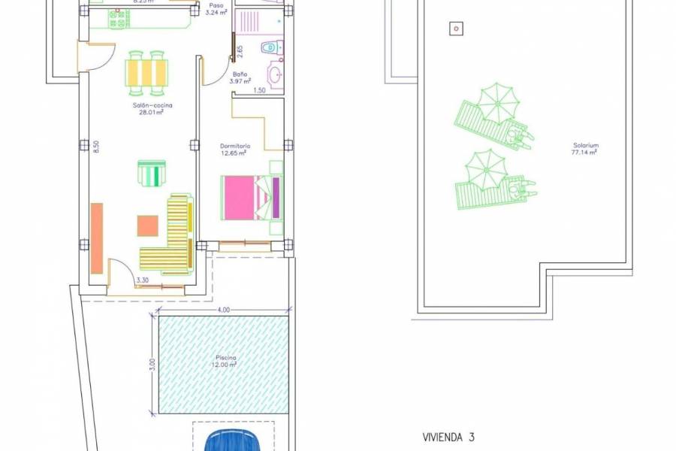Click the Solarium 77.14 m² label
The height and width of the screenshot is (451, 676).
click(584, 149)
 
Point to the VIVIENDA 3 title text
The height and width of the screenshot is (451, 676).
click(448, 436)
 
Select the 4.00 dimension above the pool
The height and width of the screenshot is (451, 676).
click(223, 310)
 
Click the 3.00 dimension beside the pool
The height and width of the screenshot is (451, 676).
click(152, 365)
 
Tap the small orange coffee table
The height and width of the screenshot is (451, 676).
click(148, 225)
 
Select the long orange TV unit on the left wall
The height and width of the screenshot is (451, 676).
click(97, 238)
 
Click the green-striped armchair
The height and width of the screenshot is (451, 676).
click(151, 173)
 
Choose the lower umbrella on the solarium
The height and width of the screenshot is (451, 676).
click(486, 169)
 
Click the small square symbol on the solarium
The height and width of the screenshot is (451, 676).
click(455, 29)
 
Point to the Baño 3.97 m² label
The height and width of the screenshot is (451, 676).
click(240, 79)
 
